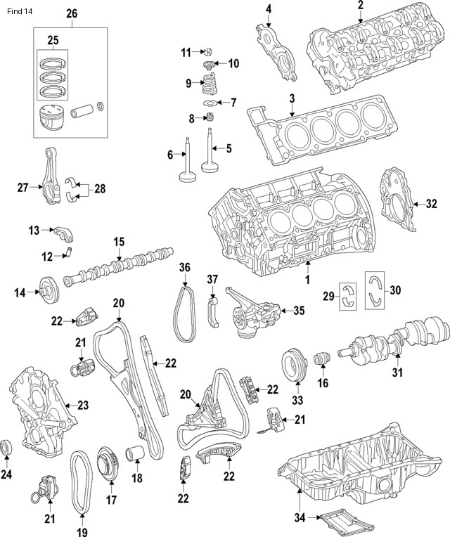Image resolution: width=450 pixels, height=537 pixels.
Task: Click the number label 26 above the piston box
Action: click(x=72, y=14)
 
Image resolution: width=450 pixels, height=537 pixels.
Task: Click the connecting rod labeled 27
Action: click(x=53, y=188)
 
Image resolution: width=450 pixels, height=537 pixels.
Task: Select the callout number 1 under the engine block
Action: click(x=307, y=279)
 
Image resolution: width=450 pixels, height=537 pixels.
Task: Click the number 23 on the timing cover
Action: click(x=83, y=405)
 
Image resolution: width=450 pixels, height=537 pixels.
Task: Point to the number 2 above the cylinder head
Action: click(x=361, y=6)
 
